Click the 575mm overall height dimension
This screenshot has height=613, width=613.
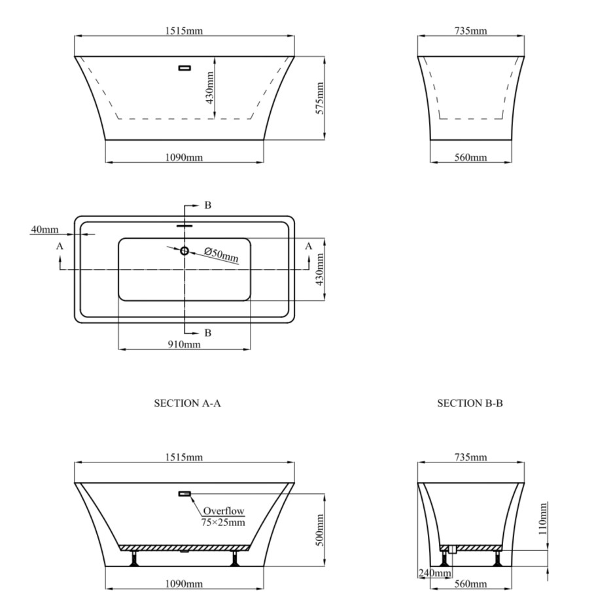(320, 98)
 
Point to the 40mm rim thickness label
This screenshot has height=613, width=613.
(44, 229)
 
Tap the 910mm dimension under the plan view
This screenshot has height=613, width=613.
(184, 344)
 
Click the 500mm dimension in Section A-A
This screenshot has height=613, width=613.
(320, 530)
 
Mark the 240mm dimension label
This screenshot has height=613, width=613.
(434, 574)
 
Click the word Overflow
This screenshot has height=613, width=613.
(223, 510)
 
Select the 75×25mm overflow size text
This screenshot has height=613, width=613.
(223, 521)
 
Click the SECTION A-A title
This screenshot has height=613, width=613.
(187, 404)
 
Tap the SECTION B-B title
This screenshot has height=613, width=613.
(470, 404)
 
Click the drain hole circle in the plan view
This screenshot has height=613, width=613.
(184, 251)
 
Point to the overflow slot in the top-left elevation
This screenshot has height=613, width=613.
(184, 67)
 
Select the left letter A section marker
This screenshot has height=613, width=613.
(60, 246)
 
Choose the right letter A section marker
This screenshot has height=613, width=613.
(309, 245)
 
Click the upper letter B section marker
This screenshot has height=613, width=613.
(207, 205)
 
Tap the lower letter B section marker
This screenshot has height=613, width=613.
(207, 332)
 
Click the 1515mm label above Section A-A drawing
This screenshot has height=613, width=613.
(184, 457)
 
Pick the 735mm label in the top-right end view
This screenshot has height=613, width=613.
(470, 31)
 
